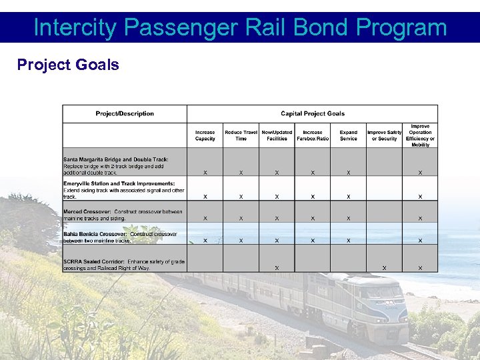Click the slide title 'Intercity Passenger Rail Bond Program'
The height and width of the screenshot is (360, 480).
pos(240,27)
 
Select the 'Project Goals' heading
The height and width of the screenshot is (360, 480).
pos(68,65)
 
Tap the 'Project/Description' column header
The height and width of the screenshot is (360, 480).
pos(125,113)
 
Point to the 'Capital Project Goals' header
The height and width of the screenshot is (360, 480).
pos(313,113)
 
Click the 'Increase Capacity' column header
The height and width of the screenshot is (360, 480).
pos(205,135)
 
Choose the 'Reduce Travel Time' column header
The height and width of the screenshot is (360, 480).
pos(241,135)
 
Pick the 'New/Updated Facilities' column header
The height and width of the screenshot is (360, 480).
pos(277,135)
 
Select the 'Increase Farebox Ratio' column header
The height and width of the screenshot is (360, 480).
pos(313,135)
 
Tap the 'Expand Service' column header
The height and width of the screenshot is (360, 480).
pos(348,135)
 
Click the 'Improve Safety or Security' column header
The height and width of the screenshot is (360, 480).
pos(385,135)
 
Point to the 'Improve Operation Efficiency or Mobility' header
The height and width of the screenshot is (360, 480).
pos(420,135)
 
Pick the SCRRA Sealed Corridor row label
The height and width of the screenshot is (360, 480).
pos(124,264)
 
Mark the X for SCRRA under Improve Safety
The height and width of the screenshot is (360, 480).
pos(385,268)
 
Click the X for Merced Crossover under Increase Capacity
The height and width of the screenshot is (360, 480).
pos(205,219)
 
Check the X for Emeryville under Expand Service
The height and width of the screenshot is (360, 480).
pos(348,197)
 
